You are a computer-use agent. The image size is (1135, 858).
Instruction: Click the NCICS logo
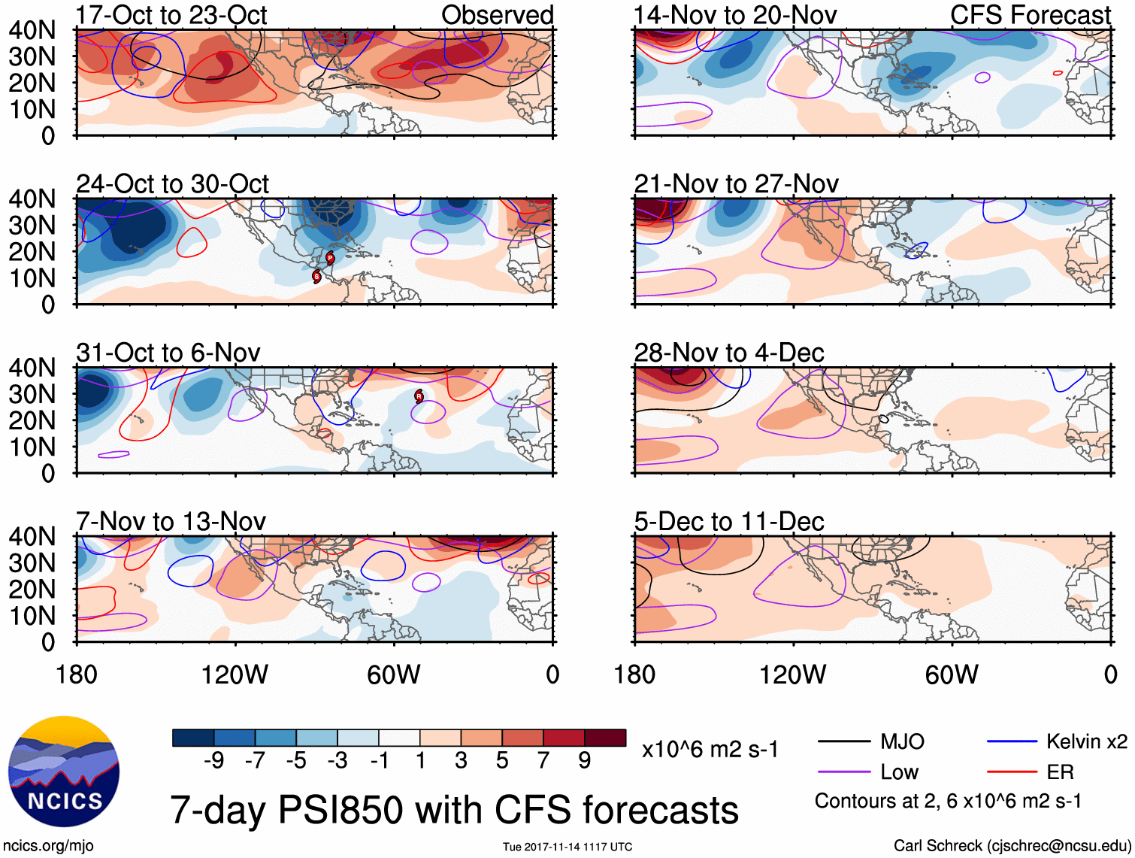pos(63,772)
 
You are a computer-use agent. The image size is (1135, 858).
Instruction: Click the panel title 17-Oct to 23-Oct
pos(171,15)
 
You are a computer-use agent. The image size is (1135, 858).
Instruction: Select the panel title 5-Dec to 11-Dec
pos(729,521)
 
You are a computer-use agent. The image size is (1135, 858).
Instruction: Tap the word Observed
pos(497,15)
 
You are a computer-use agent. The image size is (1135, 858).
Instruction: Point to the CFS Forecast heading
pos(1030,15)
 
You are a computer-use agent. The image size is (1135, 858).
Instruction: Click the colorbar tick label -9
pos(213,761)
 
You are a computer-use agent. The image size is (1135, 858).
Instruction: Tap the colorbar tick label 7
pos(543,761)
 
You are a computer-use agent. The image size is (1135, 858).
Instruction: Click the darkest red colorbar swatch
pos(605,738)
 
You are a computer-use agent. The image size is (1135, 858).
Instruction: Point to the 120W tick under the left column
pos(235,675)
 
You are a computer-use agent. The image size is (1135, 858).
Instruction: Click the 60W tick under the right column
pos(952,675)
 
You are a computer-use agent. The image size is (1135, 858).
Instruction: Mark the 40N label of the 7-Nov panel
pos(32,537)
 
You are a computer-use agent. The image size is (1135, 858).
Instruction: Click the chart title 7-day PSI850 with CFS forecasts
pos(454,810)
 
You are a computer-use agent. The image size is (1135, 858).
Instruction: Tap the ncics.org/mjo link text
pos(49,846)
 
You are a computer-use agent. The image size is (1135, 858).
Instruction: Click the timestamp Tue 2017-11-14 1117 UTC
pos(567,847)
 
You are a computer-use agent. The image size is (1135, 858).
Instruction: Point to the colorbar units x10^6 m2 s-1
pos(710,750)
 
